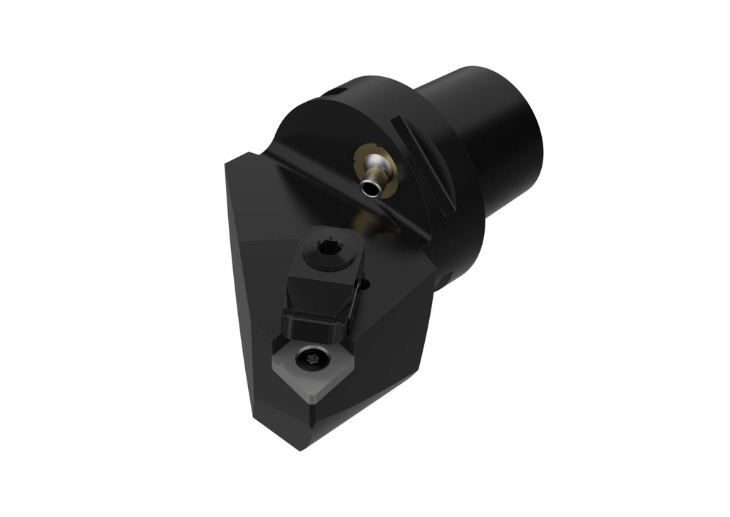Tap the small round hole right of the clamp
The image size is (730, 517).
click(x=366, y=286)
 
